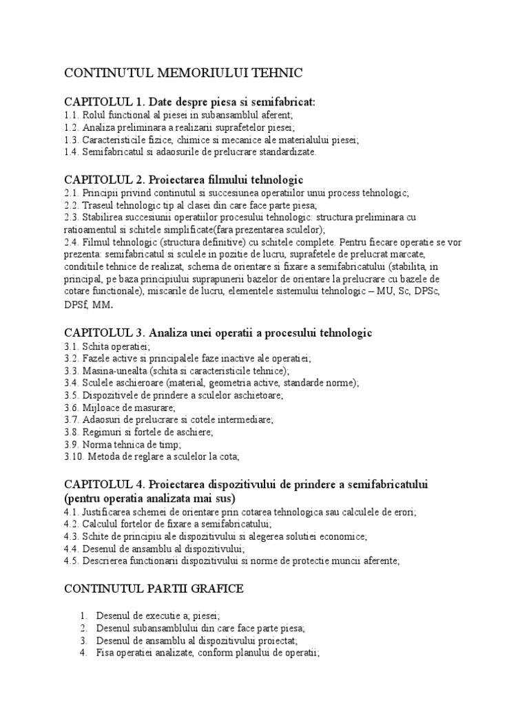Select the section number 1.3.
click(x=71, y=140)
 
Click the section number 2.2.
click(x=71, y=205)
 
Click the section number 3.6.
click(x=71, y=408)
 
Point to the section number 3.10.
click(x=74, y=456)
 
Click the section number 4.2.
click(x=71, y=524)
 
